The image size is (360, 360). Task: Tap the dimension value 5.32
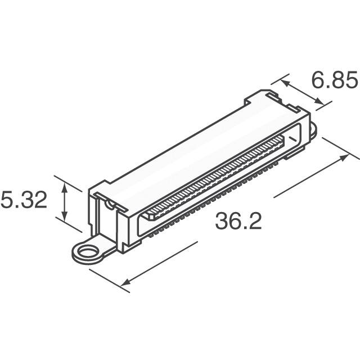point(24,200)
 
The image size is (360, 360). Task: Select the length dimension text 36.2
point(238,222)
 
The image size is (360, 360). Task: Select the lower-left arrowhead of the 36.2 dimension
point(126,282)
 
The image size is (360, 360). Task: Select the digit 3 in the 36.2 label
point(223,222)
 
